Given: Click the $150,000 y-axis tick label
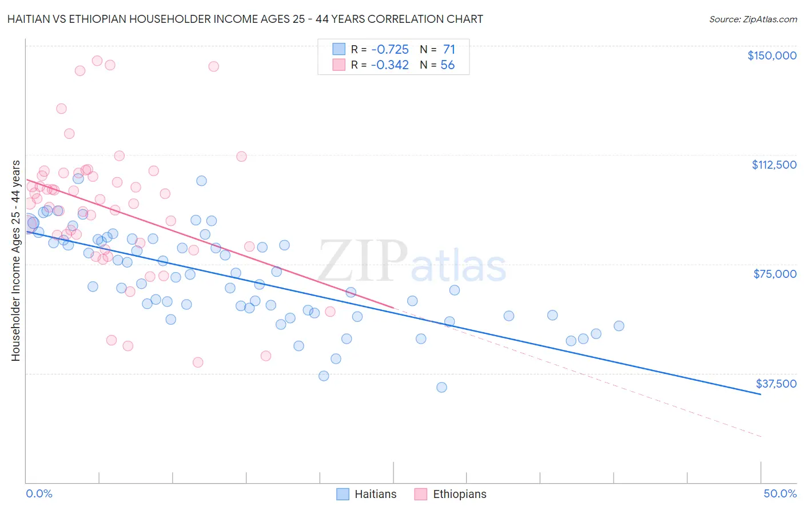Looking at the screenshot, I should pos(771,55).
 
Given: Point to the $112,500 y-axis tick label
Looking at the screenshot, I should pos(774,165).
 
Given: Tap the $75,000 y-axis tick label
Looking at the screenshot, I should pos(775,274).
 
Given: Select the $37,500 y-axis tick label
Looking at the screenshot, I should pos(776,384).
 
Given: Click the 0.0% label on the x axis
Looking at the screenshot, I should pos(39,493).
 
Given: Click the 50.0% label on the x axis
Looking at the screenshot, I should pos(780,493).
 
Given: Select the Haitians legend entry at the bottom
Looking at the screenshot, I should pos(367,494).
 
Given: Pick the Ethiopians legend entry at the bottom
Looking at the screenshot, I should pos(451,494).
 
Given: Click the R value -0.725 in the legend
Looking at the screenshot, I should pos(389,49).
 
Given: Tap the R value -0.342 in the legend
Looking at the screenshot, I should pos(389,65).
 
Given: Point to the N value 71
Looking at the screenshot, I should pos(449,49).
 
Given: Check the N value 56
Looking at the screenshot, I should pos(448,65).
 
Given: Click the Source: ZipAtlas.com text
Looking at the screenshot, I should pos(753,19).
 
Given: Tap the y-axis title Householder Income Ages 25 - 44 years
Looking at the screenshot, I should pos(15,261).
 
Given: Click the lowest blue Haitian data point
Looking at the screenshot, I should pos(441,387).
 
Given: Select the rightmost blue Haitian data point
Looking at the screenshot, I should pos(619,326).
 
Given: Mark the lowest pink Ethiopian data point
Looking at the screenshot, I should pos(198,362).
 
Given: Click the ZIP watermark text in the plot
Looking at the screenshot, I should pos(363,261).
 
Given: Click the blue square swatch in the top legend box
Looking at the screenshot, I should pos(339,49).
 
